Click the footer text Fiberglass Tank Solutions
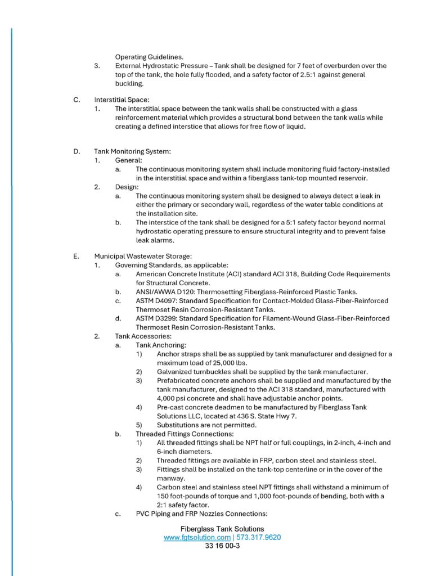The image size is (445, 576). coord(222,529)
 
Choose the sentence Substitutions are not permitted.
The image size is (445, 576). coord(206,425)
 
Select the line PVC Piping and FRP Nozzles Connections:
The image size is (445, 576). coord(201,514)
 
